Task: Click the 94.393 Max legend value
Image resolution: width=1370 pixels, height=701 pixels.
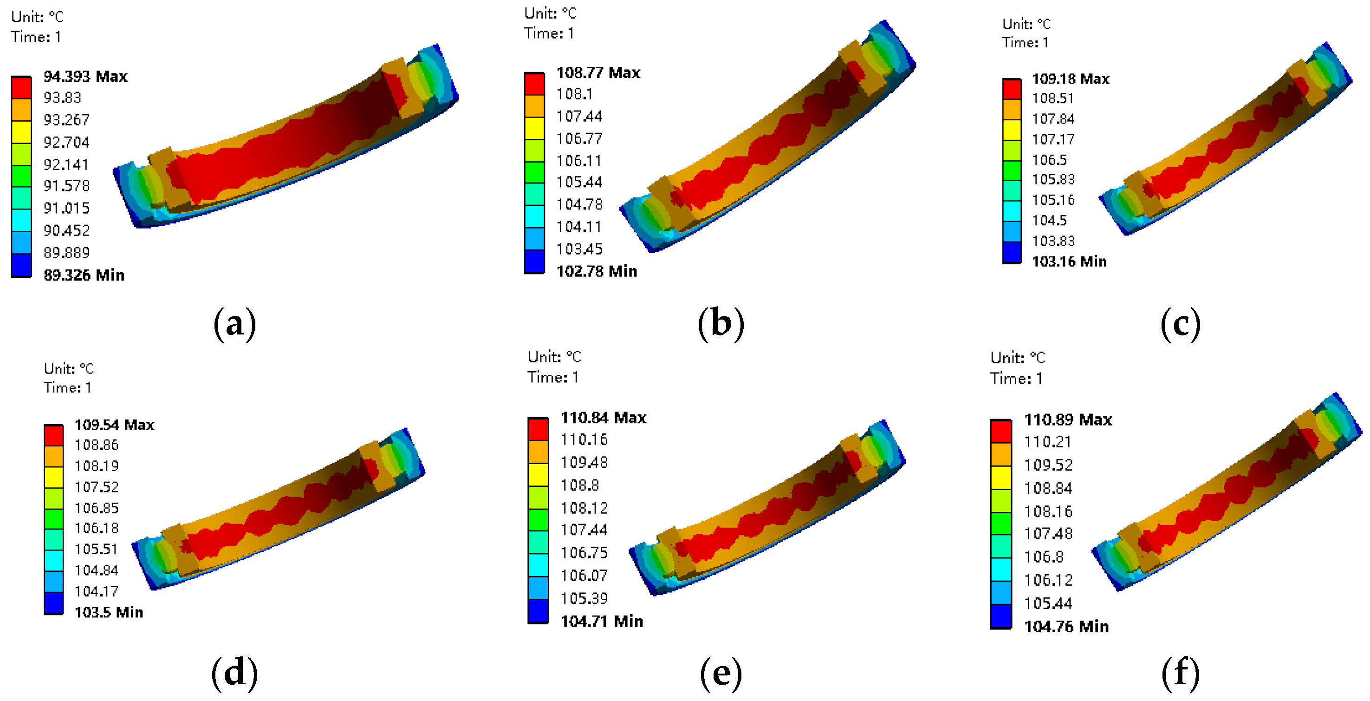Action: click(85, 77)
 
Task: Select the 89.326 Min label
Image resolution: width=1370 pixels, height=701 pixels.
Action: click(84, 275)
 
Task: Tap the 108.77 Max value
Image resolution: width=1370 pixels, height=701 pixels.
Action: click(598, 72)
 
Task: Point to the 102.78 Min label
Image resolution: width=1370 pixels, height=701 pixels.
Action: click(596, 271)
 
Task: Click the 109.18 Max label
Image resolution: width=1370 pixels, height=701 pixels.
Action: click(1070, 79)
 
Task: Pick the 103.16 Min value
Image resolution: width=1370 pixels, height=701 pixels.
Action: click(1069, 262)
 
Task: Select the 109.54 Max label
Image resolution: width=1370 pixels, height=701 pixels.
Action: click(114, 425)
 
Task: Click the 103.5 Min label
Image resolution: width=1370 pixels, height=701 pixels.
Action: click(109, 612)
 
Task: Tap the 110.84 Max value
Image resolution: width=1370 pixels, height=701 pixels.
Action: click(603, 417)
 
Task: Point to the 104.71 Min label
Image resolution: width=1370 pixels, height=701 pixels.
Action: click(602, 621)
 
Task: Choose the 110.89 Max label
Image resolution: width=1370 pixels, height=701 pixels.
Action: click(1068, 419)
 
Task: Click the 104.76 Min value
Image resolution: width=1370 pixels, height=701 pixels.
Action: click(1066, 627)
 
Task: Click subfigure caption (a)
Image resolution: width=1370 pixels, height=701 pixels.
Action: click(234, 324)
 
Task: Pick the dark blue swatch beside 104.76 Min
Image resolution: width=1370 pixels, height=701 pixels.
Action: click(1001, 616)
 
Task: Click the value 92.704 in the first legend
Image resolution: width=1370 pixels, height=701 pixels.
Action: click(66, 142)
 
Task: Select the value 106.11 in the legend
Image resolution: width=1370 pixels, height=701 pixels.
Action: click(579, 161)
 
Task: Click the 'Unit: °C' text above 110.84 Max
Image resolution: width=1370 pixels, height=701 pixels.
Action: click(554, 357)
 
